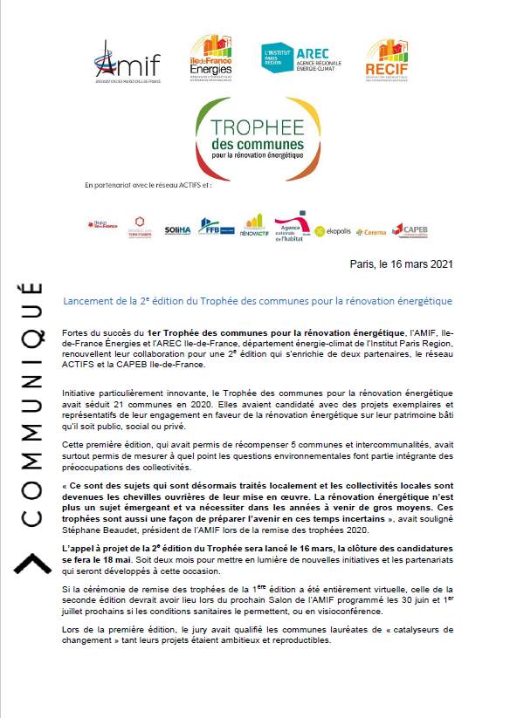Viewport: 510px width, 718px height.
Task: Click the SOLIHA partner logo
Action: (176, 230)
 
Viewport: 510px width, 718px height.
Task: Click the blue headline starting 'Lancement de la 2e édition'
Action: (258, 301)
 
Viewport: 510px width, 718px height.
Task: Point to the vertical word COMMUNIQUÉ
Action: (31, 403)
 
